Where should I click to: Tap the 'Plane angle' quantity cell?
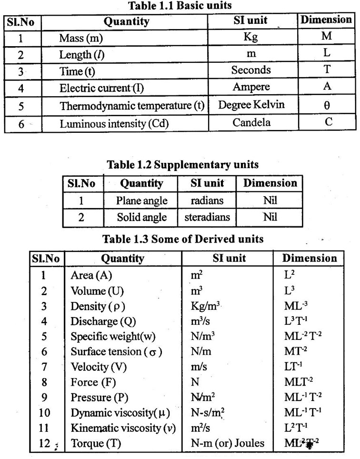tap(141, 201)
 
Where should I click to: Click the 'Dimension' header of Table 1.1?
tap(327, 20)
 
